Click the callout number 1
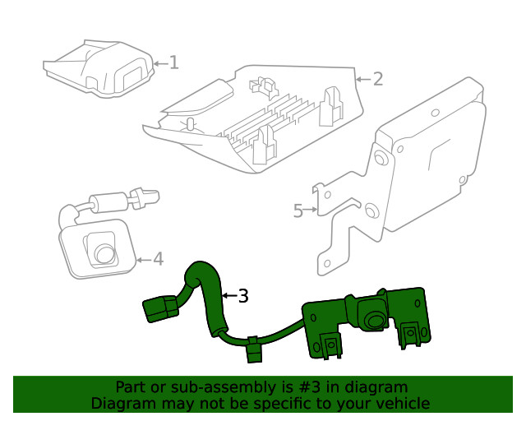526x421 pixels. coord(174,62)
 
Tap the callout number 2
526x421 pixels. coord(377,80)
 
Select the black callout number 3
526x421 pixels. coord(242,296)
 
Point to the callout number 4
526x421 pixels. coord(158,259)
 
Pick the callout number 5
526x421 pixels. coord(298,210)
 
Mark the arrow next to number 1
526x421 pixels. coord(160,62)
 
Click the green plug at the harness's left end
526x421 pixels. coord(159,309)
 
